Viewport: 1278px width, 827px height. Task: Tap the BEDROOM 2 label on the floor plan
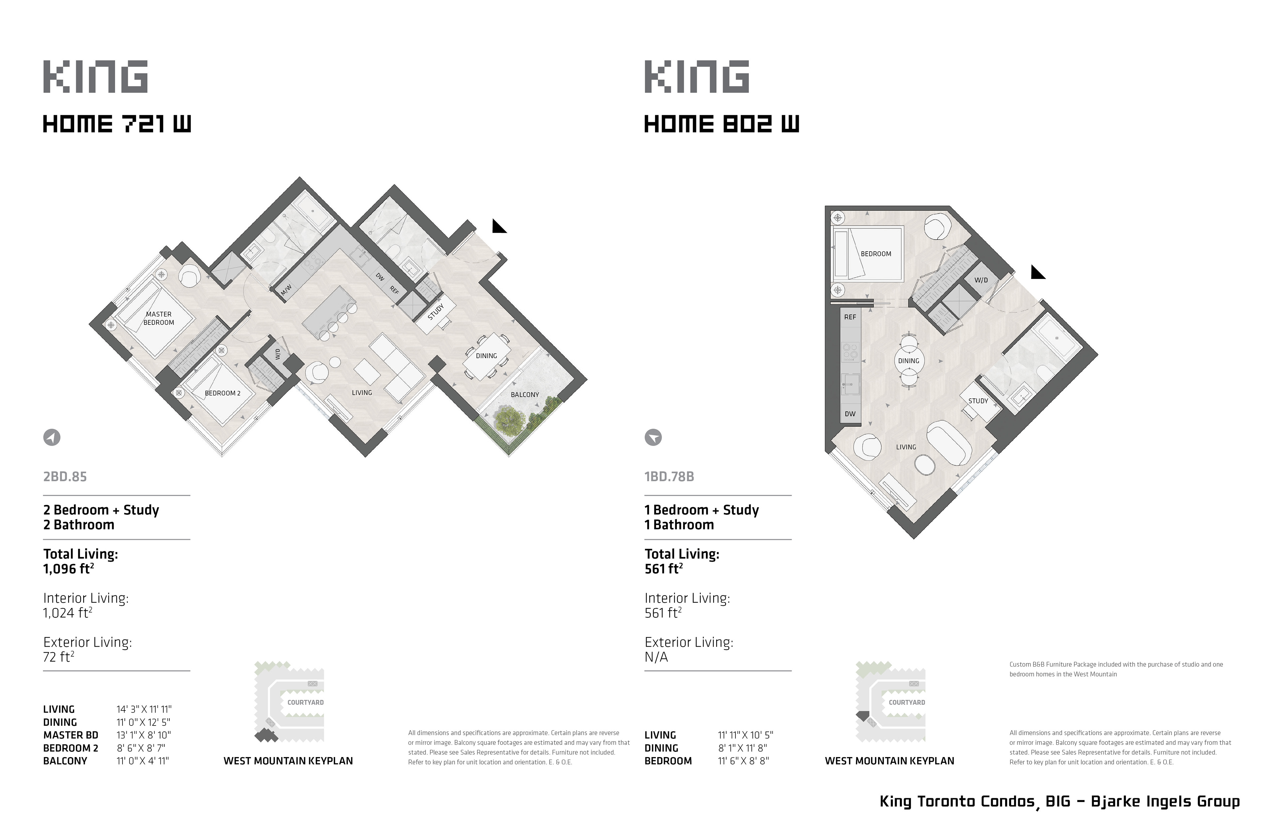tap(222, 393)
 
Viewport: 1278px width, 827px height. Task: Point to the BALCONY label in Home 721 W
tap(525, 395)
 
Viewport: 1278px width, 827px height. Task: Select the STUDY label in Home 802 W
tap(978, 401)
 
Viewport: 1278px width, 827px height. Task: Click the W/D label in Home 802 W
tap(981, 280)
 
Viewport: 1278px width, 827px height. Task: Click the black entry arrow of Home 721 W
tap(499, 227)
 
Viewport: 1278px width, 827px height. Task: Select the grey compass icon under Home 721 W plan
tap(52, 438)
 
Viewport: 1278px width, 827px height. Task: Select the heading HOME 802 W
tap(722, 124)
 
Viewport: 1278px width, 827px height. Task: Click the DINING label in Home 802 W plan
tap(909, 361)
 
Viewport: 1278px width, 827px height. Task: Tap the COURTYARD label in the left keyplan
tap(306, 703)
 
